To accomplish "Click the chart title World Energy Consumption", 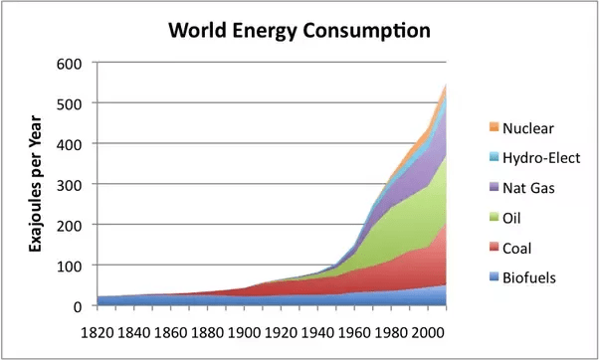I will pos(299,30).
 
